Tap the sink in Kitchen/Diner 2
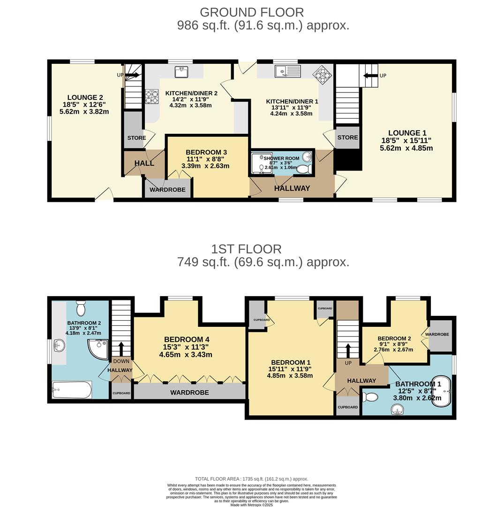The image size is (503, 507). point(181,72)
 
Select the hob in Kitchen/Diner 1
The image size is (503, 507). point(323,73)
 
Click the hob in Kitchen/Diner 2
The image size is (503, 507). point(151,97)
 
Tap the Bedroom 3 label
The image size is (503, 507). point(206,153)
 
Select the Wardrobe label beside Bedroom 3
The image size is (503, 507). point(167,190)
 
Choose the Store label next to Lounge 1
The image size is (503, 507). point(347,138)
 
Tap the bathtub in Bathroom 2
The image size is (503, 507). point(72,390)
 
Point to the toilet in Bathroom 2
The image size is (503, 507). point(81,309)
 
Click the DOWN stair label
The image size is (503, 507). point(121,361)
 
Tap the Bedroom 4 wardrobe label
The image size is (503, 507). point(189,392)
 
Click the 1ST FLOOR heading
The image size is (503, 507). point(246,249)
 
